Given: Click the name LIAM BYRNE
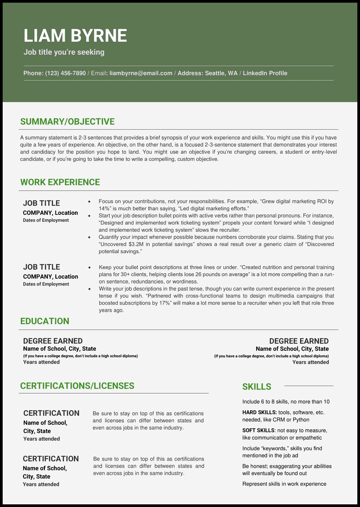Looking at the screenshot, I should click(75, 36).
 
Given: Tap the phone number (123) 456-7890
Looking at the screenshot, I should click(65, 73).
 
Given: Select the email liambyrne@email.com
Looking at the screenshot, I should click(141, 73).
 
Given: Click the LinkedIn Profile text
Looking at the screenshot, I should click(265, 73).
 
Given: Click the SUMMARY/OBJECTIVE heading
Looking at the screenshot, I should click(67, 122).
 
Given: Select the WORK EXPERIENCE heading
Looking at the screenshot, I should click(60, 182).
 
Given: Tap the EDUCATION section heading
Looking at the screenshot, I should click(44, 321).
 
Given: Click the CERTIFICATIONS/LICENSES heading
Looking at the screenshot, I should click(77, 385).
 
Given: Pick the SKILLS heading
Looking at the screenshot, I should click(257, 386).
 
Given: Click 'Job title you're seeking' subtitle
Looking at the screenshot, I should click(64, 52).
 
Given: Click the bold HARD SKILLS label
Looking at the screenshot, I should click(259, 413).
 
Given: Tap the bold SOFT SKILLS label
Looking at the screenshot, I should click(258, 430).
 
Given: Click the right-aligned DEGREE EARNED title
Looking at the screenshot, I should click(299, 341).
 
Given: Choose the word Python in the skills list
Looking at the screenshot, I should click(301, 420).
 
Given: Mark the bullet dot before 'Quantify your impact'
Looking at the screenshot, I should click(90, 237).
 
